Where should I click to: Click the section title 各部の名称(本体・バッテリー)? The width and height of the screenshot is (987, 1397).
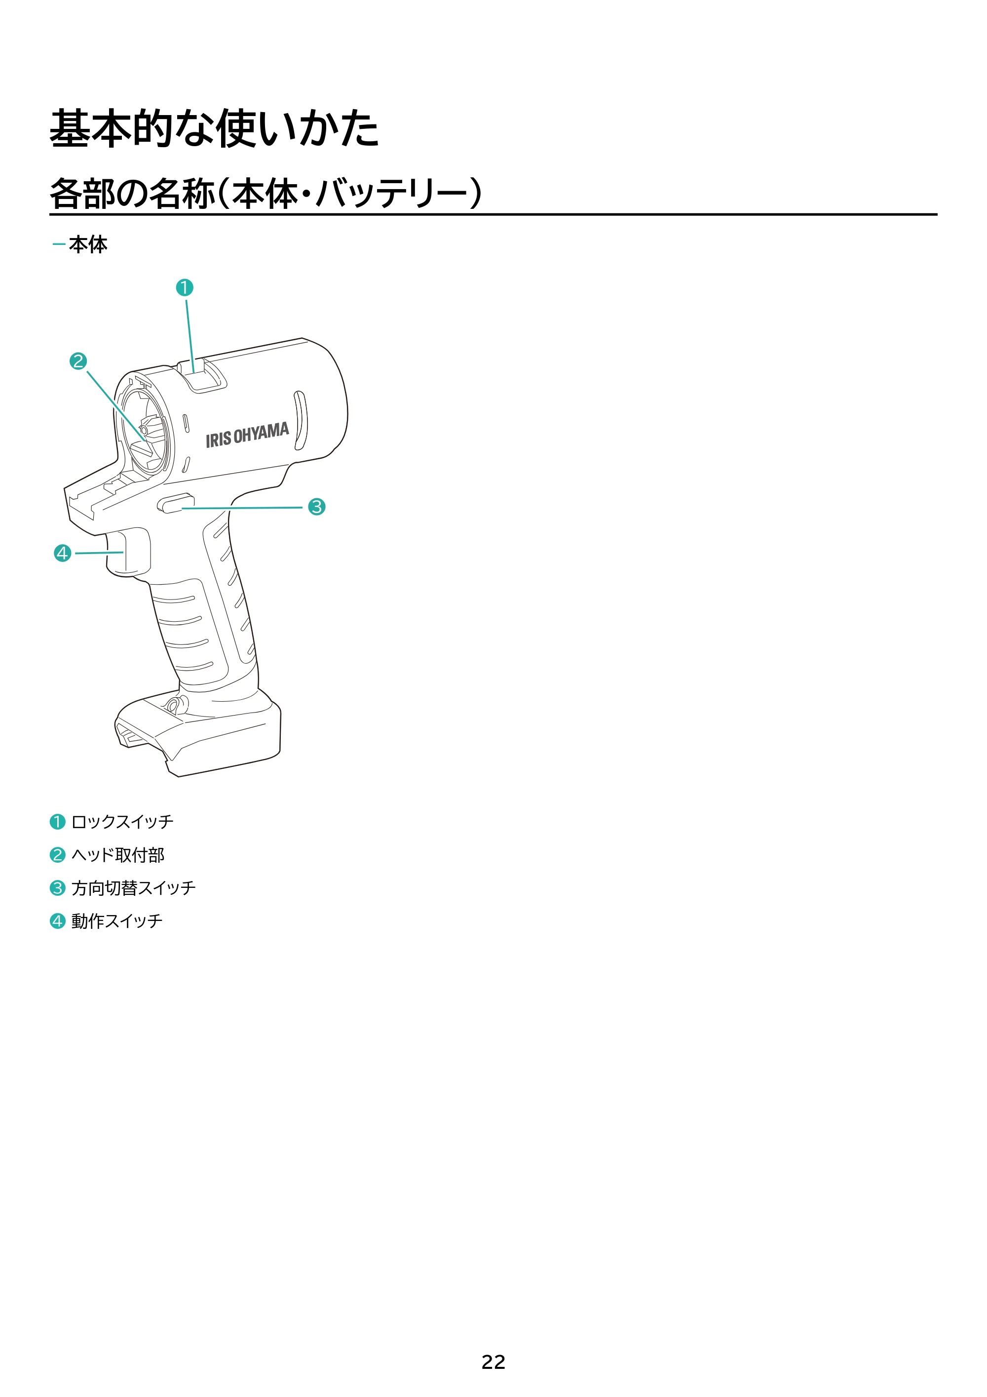pos(266,194)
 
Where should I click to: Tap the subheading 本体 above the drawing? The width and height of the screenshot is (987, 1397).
pos(88,244)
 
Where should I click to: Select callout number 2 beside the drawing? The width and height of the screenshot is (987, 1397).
pos(78,361)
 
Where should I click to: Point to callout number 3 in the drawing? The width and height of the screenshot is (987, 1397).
pos(316,506)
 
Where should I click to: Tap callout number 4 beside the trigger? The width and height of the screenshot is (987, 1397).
pos(63,553)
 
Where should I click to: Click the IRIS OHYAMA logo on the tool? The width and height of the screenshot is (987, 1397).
pos(247,435)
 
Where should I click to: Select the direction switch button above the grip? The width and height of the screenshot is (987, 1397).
pos(176,503)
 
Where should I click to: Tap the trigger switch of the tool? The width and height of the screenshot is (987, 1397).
pos(128,552)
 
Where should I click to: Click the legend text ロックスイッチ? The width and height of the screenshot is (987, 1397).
pos(122,822)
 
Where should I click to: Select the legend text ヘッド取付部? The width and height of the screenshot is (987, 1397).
pos(118,855)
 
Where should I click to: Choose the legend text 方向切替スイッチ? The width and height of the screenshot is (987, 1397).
pos(133,888)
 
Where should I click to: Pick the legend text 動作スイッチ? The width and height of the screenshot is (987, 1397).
pos(117,920)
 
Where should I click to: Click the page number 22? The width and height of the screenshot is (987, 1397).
pos(493,1362)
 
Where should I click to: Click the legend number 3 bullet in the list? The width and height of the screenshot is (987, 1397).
pos(57,888)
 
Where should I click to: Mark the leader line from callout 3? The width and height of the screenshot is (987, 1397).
pos(242,508)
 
